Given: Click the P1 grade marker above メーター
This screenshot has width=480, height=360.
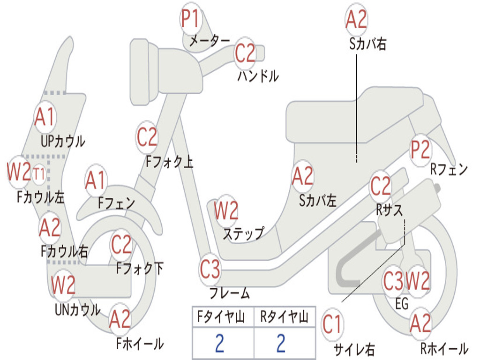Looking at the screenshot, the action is [191, 18].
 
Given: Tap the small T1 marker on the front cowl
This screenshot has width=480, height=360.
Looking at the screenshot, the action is [38, 174].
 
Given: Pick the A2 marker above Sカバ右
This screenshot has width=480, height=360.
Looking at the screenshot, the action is [356, 19].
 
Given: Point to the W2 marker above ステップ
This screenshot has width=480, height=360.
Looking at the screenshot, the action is [226, 210].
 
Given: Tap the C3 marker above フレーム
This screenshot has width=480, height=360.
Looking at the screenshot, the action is [210, 269].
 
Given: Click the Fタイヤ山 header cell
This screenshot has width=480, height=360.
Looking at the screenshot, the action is [223, 316].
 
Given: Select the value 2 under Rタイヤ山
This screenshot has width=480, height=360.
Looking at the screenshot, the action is [281, 343].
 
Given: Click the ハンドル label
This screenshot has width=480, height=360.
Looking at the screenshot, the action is [258, 76].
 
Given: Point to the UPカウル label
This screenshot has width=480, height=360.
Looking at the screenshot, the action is [63, 142].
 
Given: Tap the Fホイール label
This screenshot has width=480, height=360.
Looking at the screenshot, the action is [140, 344].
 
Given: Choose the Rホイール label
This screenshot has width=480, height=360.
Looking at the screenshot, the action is [444, 348].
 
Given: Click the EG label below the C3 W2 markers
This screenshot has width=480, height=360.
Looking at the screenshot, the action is [402, 304].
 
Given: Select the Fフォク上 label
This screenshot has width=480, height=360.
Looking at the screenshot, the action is [169, 161].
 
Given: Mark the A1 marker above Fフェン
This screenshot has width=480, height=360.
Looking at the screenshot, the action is [96, 180].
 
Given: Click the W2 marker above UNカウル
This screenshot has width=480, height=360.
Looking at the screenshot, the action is [63, 285].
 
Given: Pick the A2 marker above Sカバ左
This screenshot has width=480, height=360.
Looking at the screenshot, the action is [303, 176].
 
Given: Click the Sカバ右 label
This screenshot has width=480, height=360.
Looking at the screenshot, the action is [367, 44].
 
